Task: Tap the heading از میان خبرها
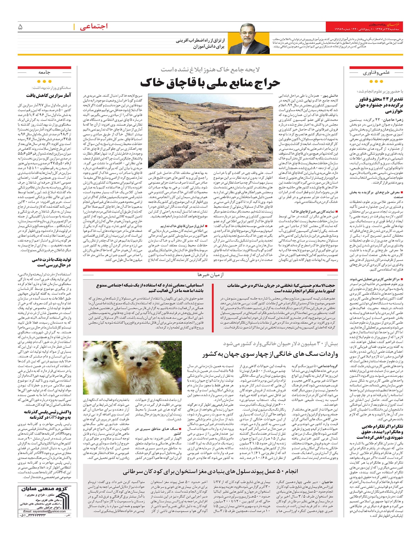pyautogui.click(x=211, y=274)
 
